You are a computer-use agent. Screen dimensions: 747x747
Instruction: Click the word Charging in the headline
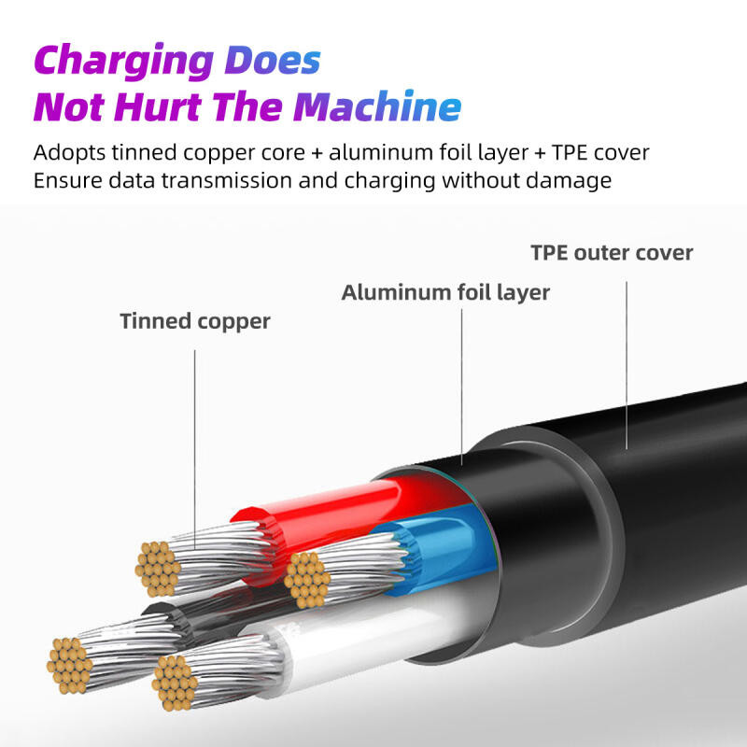[124, 61]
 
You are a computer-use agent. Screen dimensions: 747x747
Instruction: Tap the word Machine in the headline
[377, 106]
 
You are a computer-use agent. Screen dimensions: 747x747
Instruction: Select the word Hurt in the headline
[157, 106]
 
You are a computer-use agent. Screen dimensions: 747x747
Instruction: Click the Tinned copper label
[195, 321]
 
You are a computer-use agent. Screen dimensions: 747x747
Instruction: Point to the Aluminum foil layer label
[445, 292]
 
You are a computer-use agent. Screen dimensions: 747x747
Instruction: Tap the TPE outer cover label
[612, 252]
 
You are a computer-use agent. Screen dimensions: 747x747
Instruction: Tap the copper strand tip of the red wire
[158, 569]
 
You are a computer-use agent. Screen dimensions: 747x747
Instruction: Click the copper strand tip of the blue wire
[307, 579]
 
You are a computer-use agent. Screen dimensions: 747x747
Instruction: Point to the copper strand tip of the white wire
[175, 683]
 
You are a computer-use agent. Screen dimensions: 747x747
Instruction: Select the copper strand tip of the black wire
[69, 666]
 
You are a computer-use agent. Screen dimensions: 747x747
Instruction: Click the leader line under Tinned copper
[194, 449]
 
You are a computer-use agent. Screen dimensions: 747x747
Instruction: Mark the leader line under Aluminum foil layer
[461, 387]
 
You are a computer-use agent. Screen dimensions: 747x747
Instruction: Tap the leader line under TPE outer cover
[626, 365]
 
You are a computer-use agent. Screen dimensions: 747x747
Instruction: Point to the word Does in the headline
[273, 60]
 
